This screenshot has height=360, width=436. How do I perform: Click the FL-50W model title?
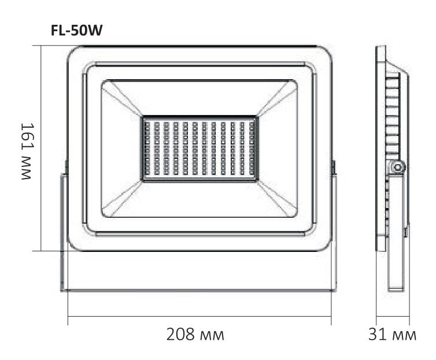click(76, 32)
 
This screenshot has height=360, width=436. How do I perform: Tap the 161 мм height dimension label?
click(28, 151)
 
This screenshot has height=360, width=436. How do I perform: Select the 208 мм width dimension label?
click(195, 335)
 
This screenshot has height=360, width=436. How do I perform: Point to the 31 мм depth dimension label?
click(392, 335)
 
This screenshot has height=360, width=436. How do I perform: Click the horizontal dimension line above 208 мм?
click(199, 317)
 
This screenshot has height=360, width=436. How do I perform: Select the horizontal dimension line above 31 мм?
click(393, 317)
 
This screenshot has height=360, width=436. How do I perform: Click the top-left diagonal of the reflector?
click(122, 99)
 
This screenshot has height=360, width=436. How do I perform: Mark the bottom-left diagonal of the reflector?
click(122, 198)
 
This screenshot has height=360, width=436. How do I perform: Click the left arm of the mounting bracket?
click(64, 231)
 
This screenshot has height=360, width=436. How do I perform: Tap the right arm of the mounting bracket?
click(334, 231)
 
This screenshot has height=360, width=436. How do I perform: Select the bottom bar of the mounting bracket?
click(199, 290)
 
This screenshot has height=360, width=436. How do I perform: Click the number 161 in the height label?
click(28, 138)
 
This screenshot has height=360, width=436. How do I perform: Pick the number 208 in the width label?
click(179, 335)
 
